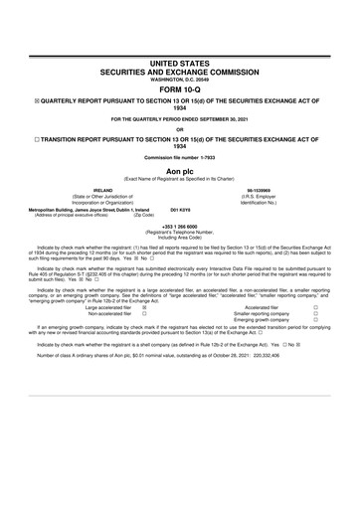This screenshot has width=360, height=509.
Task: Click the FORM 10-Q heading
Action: (x=180, y=86)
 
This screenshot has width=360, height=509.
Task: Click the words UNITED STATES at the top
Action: (x=180, y=63)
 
